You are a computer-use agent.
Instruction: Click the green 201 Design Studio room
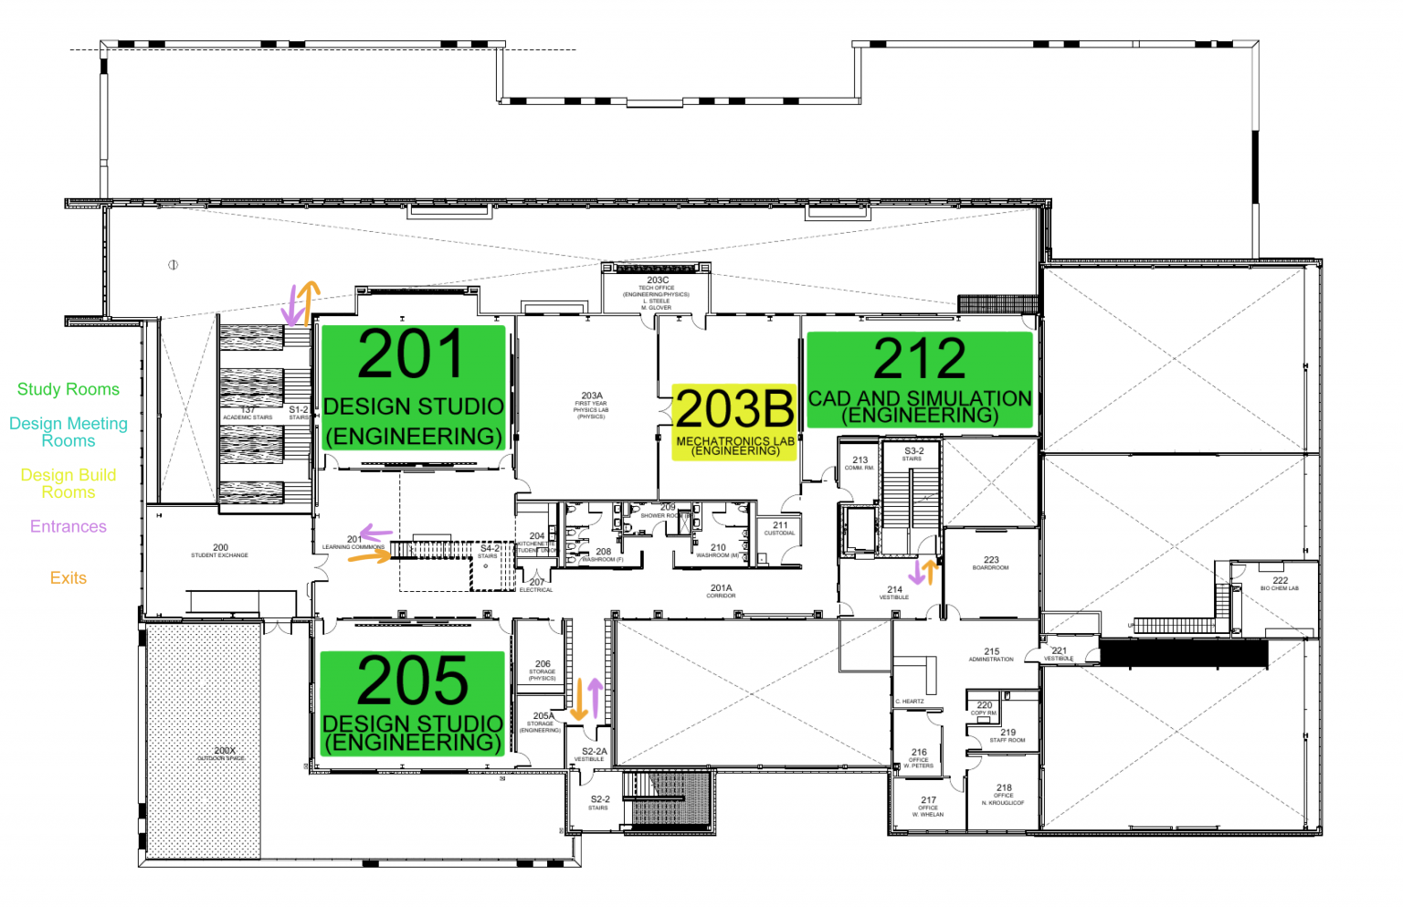pyautogui.click(x=413, y=389)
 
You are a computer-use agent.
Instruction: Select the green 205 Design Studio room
pyautogui.click(x=412, y=703)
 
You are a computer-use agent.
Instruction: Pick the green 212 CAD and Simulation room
pyautogui.click(x=919, y=380)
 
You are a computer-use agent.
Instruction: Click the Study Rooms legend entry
pyautogui.click(x=69, y=389)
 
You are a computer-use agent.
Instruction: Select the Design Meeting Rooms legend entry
pyautogui.click(x=69, y=432)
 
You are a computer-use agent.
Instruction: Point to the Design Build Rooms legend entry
pyautogui.click(x=69, y=483)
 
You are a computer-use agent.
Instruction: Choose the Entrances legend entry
pyautogui.click(x=69, y=526)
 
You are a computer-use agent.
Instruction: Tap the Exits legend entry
pyautogui.click(x=69, y=578)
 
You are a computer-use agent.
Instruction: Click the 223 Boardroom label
pyautogui.click(x=991, y=563)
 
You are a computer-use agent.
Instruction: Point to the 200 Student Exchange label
pyautogui.click(x=220, y=550)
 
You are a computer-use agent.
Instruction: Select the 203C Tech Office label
pyautogui.click(x=657, y=292)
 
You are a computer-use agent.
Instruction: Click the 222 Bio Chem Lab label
pyautogui.click(x=1280, y=583)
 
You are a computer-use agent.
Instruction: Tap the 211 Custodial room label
pyautogui.click(x=780, y=528)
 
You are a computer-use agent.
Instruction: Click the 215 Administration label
pyautogui.click(x=991, y=654)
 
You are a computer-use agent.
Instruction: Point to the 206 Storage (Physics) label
pyautogui.click(x=543, y=670)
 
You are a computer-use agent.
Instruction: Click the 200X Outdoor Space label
pyautogui.click(x=224, y=754)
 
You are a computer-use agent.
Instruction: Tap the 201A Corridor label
pyautogui.click(x=721, y=591)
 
